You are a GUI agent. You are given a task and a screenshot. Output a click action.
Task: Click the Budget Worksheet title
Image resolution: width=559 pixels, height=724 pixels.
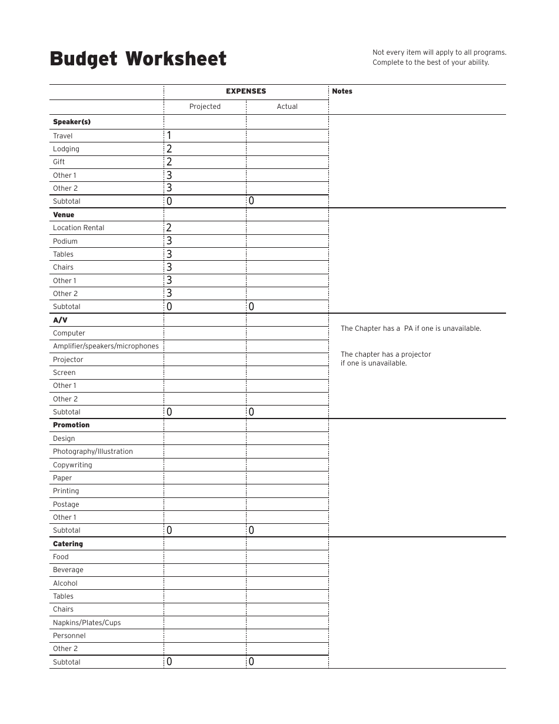tap(138, 59)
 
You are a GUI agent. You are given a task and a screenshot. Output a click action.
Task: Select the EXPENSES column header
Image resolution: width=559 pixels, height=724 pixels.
tap(246, 91)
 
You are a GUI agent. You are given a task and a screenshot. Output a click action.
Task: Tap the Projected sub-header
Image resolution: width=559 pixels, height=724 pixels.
tap(205, 107)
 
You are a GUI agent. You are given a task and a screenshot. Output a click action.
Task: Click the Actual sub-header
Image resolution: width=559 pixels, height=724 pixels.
tap(287, 107)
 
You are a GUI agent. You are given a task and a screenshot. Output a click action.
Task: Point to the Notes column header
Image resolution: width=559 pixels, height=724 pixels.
tap(342, 91)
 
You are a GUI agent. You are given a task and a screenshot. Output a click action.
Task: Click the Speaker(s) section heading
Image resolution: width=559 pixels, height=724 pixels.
tap(72, 122)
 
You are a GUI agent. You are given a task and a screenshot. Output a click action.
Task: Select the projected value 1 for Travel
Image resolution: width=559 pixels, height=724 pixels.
tap(169, 135)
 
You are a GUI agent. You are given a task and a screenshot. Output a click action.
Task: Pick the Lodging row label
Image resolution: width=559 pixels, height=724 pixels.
tap(66, 149)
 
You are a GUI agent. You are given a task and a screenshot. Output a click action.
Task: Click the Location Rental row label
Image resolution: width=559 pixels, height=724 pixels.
tap(78, 228)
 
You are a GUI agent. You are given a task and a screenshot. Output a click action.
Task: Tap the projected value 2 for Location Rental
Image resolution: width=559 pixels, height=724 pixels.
tap(169, 228)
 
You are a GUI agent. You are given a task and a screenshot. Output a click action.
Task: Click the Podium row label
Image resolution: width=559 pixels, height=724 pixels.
tap(65, 241)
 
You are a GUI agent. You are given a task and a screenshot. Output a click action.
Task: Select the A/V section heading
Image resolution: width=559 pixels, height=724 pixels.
tap(60, 320)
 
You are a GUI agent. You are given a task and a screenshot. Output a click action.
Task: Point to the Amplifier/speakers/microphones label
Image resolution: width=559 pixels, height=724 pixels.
tap(106, 346)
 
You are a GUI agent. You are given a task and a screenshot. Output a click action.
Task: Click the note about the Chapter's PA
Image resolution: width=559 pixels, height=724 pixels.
tap(411, 328)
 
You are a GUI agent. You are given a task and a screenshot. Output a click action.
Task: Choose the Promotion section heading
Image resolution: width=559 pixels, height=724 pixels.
tap(71, 425)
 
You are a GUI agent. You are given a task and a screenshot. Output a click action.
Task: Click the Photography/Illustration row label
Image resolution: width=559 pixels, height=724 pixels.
tap(93, 451)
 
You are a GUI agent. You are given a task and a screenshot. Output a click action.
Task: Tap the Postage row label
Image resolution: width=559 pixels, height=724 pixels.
tap(66, 504)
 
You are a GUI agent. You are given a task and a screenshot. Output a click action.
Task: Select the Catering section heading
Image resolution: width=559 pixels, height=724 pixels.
tap(68, 544)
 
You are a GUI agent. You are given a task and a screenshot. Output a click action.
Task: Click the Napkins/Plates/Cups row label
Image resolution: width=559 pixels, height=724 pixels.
tap(86, 623)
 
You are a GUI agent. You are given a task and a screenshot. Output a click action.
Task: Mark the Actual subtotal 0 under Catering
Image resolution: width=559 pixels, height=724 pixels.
tap(251, 662)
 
